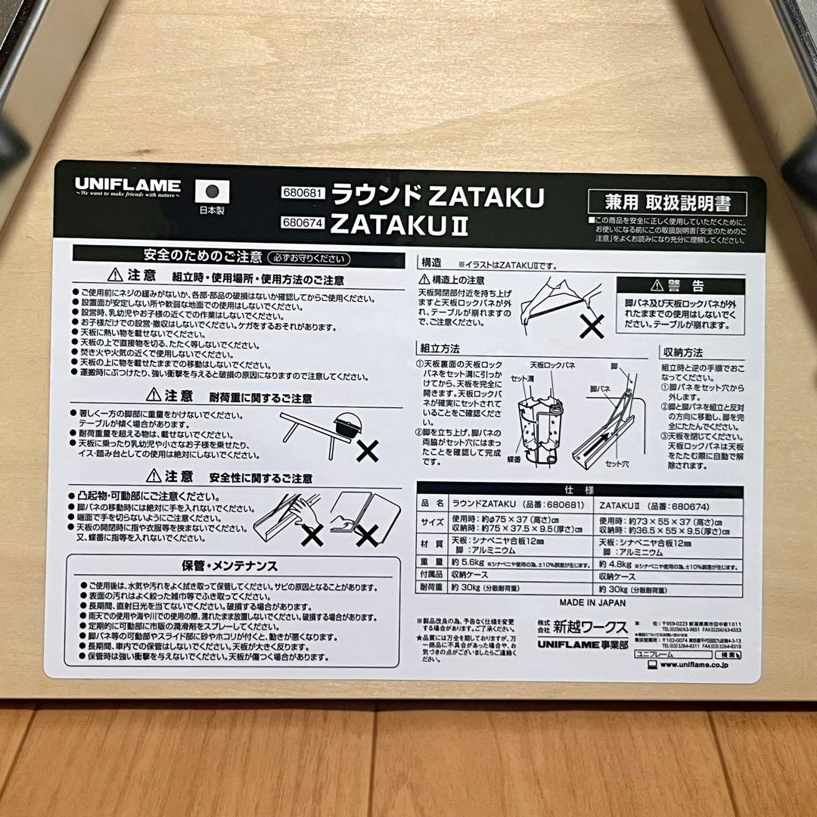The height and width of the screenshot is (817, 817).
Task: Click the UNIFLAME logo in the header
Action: point(127,185)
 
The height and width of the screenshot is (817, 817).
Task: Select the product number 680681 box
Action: point(302,193)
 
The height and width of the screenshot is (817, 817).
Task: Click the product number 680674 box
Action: point(302,222)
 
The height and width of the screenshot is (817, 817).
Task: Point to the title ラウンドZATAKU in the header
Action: point(438,196)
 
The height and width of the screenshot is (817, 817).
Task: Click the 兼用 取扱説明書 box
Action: point(666,203)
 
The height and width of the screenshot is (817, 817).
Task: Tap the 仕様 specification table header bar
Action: point(580,489)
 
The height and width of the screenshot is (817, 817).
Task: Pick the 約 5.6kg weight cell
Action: point(468,564)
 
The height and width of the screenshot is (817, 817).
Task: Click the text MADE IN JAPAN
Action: point(592,603)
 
